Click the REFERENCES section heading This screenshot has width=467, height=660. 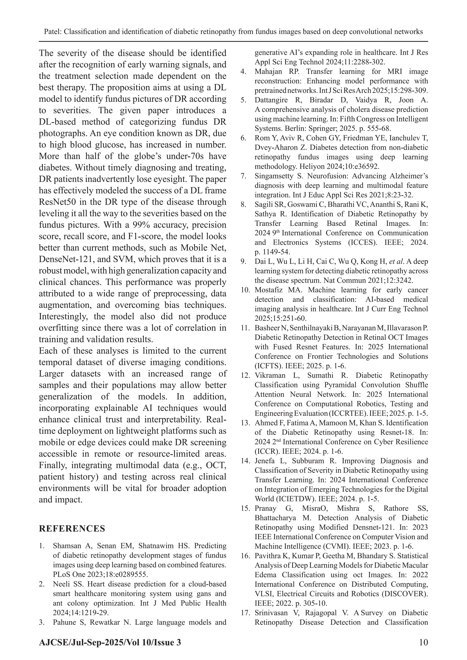[72, 529]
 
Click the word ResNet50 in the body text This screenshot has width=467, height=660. [57, 202]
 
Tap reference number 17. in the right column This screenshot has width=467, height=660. [245, 613]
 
